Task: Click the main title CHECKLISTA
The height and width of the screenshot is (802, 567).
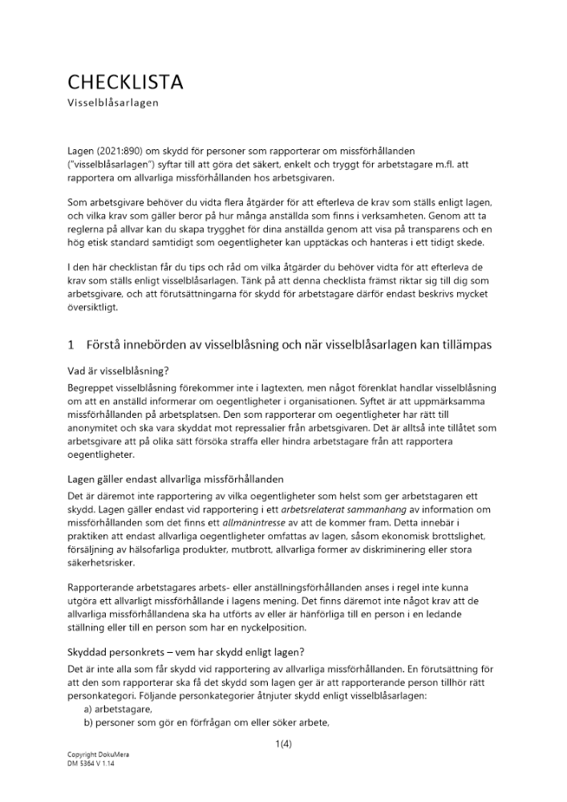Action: tap(125, 82)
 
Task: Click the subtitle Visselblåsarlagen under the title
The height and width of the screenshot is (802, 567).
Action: tap(113, 103)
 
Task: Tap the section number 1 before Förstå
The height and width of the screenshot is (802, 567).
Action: tap(71, 345)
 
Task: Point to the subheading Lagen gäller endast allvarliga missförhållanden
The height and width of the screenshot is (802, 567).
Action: tap(175, 479)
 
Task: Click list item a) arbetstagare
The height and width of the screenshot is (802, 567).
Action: tap(118, 710)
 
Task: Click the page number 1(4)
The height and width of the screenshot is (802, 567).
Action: tap(283, 743)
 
